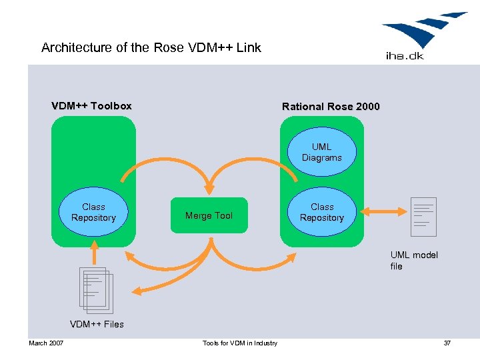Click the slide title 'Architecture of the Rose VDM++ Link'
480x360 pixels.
click(151, 48)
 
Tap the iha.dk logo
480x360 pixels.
click(423, 35)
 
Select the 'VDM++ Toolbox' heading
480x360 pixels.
click(91, 106)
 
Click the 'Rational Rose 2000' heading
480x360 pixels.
click(331, 107)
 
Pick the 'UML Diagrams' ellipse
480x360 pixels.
click(321, 153)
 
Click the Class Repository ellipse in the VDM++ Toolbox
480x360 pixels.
click(93, 213)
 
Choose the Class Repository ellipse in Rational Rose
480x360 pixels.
click(322, 213)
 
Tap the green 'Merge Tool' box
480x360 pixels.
click(209, 215)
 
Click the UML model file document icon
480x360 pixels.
click(423, 217)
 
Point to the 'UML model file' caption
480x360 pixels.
click(414, 261)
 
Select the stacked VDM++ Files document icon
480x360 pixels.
click(96, 290)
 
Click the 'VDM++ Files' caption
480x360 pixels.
click(97, 325)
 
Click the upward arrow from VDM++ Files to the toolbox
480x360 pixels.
click(94, 251)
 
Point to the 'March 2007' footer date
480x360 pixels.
click(46, 343)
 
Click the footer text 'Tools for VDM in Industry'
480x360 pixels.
click(240, 343)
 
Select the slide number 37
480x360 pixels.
click(447, 343)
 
